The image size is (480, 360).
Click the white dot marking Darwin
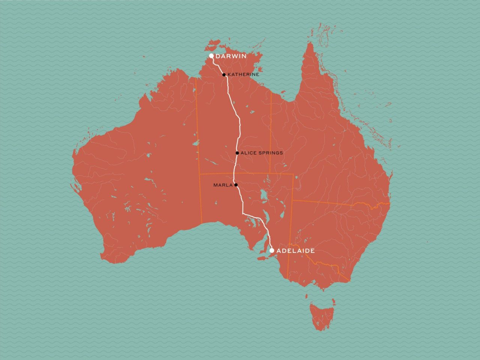pos(211,56)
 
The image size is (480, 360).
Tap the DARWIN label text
pos(231,56)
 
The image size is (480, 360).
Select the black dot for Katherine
pos(224,75)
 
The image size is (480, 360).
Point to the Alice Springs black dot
pos(237,153)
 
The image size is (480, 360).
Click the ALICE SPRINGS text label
pos(261,153)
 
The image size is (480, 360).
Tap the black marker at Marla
pos(235,185)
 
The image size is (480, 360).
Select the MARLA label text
pos(223,185)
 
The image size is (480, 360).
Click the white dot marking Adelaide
pos(272,250)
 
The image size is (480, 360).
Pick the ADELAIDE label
pos(295,251)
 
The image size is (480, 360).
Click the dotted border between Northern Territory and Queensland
pos(271,131)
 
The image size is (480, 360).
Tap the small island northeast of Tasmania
pos(333,301)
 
